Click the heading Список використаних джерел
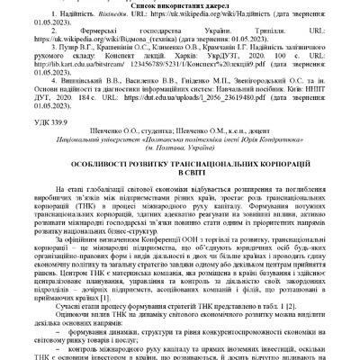pos(180,6)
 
